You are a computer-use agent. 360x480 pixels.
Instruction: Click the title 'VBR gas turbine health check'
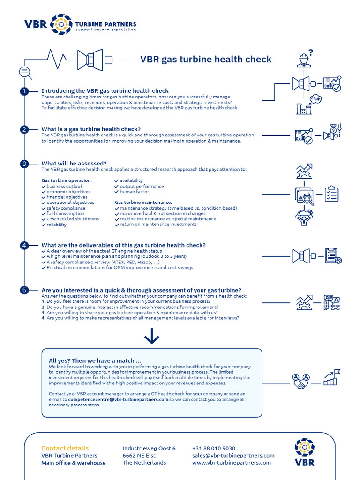click(x=206, y=60)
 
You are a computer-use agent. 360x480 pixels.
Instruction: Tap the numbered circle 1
click(x=24, y=91)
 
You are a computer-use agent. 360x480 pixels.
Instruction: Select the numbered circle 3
click(x=24, y=164)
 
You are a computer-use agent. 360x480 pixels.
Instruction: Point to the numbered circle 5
click(x=24, y=290)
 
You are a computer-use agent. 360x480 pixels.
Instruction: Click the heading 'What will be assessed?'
click(x=74, y=164)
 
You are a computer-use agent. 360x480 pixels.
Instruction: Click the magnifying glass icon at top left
click(x=25, y=72)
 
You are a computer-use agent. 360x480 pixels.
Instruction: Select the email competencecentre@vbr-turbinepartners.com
click(x=118, y=400)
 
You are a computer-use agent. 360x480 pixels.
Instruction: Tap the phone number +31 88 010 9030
click(x=214, y=449)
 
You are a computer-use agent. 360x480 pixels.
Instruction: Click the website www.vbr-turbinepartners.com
click(x=232, y=463)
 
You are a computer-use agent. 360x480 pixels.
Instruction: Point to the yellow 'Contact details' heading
click(x=65, y=448)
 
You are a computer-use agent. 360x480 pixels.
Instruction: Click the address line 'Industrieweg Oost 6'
click(x=149, y=449)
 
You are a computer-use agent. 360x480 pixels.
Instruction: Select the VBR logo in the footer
click(x=305, y=452)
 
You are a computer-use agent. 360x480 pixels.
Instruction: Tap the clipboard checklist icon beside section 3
click(x=331, y=194)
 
